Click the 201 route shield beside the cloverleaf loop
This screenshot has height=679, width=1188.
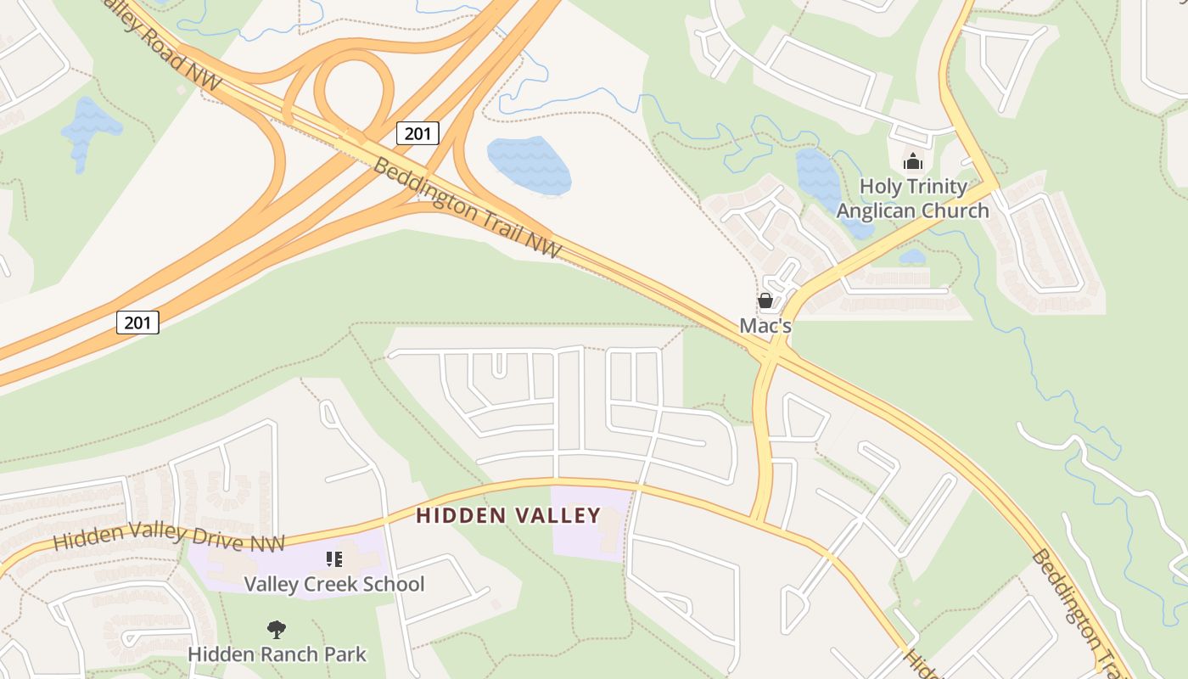(417, 133)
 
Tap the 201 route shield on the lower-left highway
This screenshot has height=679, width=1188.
(137, 323)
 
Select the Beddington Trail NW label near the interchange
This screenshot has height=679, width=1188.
(466, 207)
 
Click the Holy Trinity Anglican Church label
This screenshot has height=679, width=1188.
(913, 198)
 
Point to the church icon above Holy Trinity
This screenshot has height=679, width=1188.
(913, 160)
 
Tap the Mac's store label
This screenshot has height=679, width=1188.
(765, 325)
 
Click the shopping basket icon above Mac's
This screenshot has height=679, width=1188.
(765, 300)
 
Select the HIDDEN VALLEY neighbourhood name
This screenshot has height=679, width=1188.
(508, 515)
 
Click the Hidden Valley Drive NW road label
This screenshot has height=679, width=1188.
(169, 536)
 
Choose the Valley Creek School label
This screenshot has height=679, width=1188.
(334, 584)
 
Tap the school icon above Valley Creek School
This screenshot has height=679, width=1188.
(334, 558)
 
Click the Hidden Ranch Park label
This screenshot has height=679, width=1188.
(277, 654)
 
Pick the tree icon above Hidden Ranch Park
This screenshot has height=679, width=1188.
(276, 629)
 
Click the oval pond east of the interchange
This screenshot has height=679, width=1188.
(529, 165)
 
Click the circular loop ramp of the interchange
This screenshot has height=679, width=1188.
(355, 89)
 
